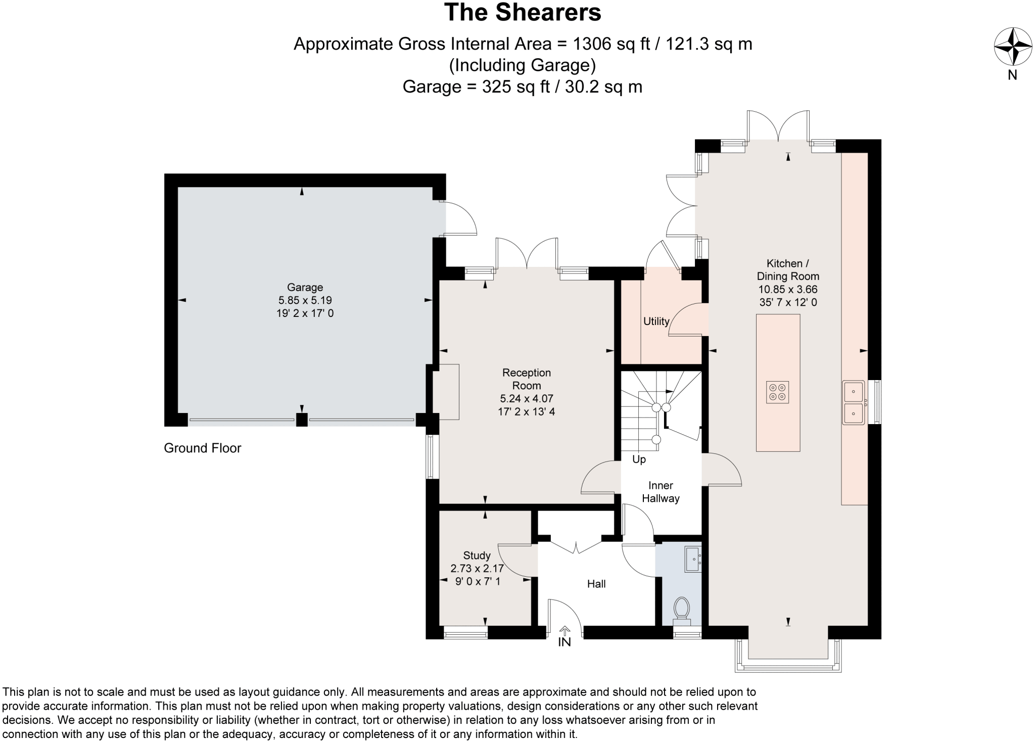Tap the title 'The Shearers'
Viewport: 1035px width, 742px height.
[523, 13]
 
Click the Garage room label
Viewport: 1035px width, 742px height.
[305, 288]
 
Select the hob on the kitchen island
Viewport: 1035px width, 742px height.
[777, 392]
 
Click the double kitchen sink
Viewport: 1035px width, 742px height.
[854, 402]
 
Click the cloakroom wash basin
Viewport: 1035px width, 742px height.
[692, 559]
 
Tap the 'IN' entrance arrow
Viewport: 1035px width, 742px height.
[564, 637]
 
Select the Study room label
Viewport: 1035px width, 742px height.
[477, 555]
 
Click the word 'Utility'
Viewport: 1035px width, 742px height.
[656, 321]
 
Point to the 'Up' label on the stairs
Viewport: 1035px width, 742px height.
[639, 459]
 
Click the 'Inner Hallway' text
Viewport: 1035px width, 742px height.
[661, 492]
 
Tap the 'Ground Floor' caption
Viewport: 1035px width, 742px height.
[202, 448]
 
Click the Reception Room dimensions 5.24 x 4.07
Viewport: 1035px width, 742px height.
[526, 399]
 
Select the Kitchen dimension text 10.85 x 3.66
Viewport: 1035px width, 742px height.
[787, 290]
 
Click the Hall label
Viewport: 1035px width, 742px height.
[596, 584]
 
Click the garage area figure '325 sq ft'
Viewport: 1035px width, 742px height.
[515, 87]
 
